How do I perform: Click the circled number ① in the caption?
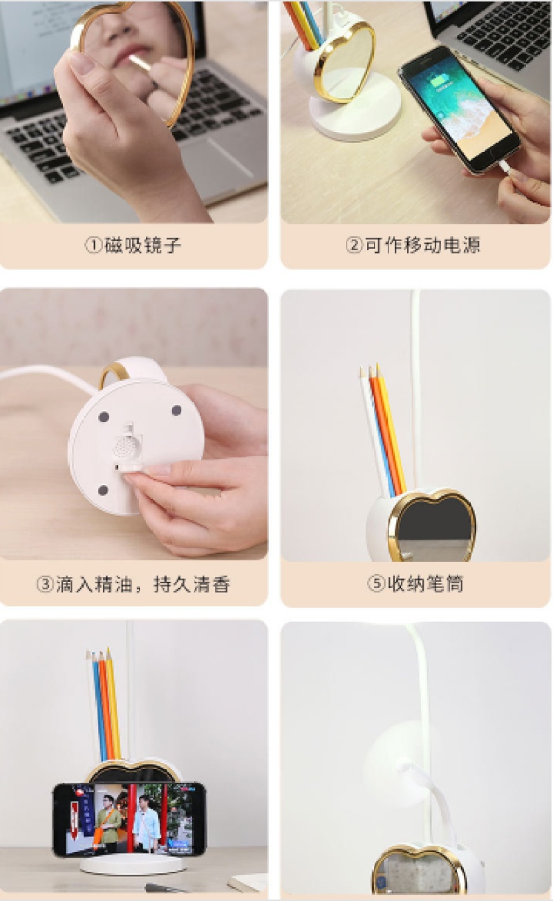[x=93, y=245]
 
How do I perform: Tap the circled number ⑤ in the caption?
[x=376, y=584]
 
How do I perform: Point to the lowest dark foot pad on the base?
[x=103, y=491]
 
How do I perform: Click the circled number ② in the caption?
[x=354, y=245]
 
